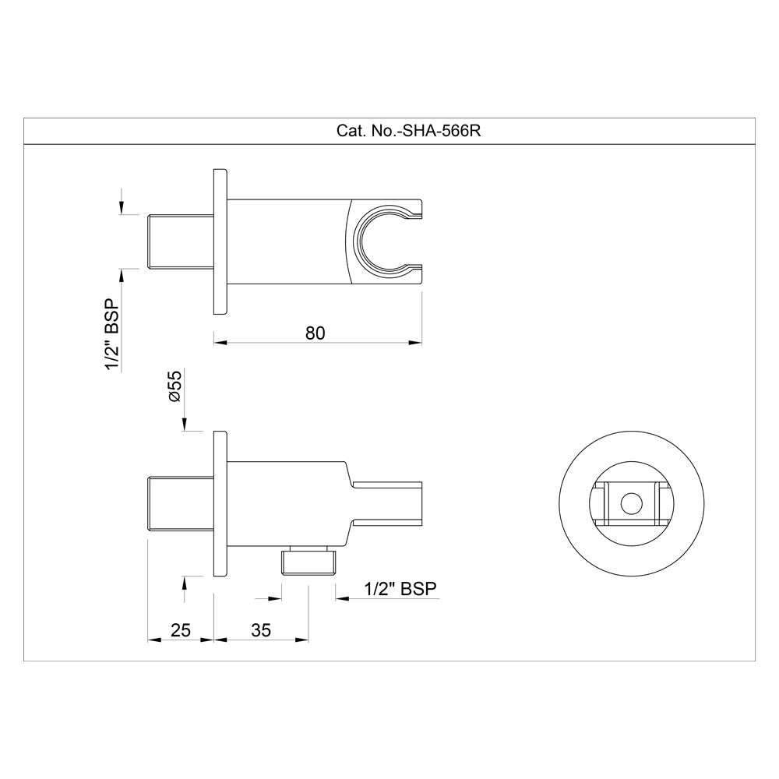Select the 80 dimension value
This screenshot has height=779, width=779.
tap(315, 333)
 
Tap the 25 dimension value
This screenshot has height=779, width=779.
tap(180, 631)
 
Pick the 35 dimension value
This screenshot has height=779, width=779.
tap(261, 631)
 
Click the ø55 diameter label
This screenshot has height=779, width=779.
tap(174, 386)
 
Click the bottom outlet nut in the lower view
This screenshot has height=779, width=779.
tap(309, 561)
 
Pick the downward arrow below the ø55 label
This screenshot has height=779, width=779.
tap(185, 425)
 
